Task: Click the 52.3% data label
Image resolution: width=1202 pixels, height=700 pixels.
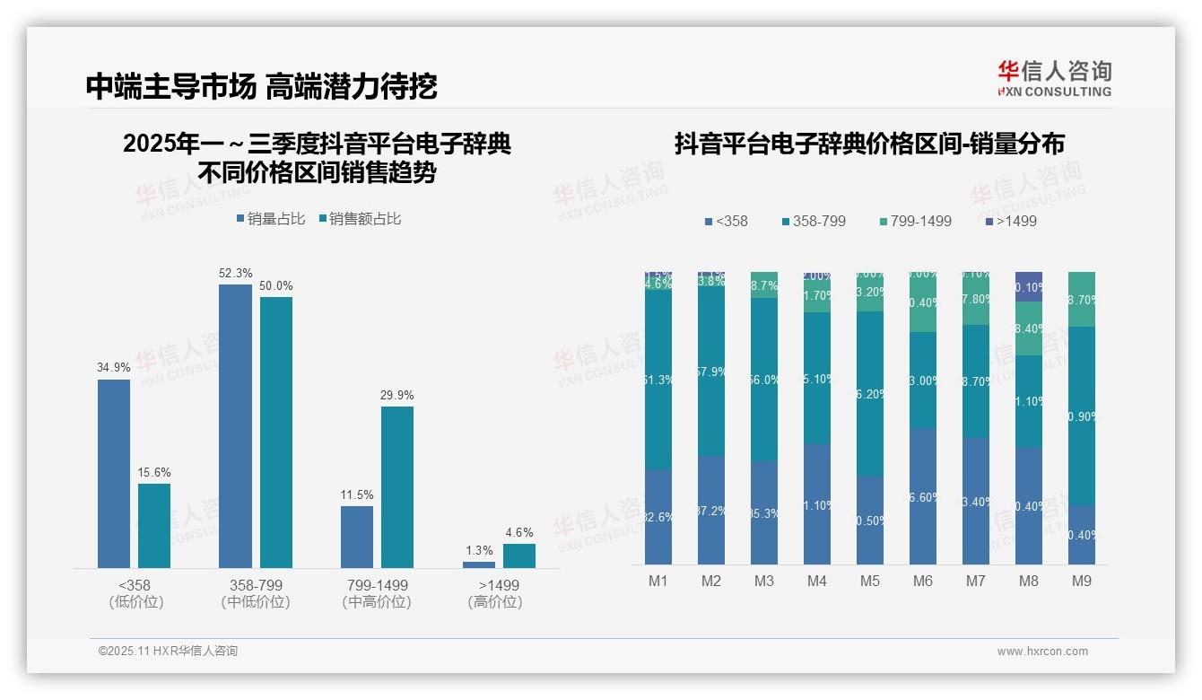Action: point(235,273)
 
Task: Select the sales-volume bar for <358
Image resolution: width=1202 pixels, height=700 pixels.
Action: point(114,473)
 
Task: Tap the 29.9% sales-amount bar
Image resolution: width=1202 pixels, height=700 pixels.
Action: point(397,486)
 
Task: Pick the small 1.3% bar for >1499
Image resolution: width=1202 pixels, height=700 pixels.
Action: point(479,564)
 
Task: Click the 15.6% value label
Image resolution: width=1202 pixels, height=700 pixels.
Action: point(154,472)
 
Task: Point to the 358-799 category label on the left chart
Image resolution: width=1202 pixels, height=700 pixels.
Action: point(255,585)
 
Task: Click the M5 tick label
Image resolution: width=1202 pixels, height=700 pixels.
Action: point(869,582)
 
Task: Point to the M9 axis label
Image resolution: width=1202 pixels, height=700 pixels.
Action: point(1082,582)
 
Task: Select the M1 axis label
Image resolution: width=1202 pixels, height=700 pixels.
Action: point(658,582)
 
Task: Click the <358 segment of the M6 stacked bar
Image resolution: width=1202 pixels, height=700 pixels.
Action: point(923,496)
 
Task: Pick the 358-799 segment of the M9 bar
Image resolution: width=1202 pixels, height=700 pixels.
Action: point(1082,416)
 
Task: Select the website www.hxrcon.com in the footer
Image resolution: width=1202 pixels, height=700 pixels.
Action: point(1042,652)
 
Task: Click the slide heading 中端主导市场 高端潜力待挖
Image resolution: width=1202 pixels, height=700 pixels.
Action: point(262,87)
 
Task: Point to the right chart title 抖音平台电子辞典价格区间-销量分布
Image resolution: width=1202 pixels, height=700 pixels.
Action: point(868,144)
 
